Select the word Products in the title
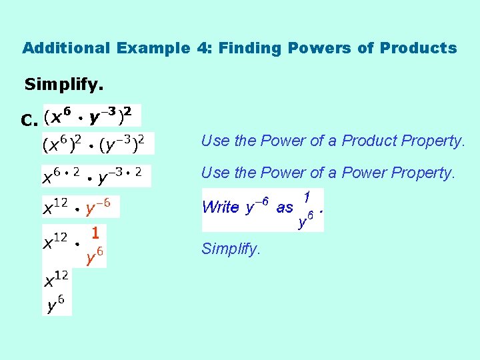(x=419, y=48)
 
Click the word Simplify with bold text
(x=64, y=85)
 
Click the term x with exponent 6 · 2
(x=61, y=175)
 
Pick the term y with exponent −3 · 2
(x=120, y=175)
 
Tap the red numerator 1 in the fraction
(x=95, y=233)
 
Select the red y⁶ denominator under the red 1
(x=95, y=255)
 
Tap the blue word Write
(x=220, y=207)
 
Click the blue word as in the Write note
(x=285, y=207)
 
